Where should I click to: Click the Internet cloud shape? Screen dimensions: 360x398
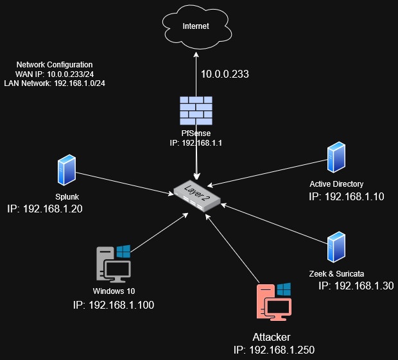196,26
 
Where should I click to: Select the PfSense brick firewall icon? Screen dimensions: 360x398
196,109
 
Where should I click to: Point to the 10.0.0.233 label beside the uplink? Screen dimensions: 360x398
225,74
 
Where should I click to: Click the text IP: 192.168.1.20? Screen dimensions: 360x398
45,209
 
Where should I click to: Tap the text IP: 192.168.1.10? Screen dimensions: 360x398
347,197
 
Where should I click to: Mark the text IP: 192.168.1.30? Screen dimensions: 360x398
356,286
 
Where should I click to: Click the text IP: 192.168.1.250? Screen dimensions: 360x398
274,350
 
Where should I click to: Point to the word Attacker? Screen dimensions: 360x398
272,337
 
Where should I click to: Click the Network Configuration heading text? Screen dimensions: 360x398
55,65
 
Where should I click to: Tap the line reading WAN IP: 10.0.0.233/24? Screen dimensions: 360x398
55,74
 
